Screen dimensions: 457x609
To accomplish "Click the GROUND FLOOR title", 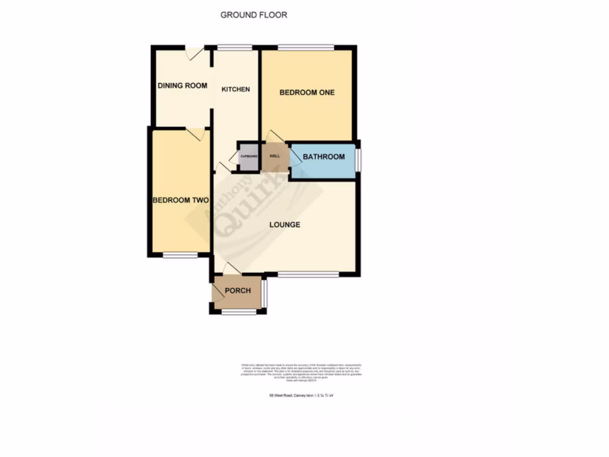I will [253, 15].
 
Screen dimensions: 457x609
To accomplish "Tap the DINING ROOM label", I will [182, 86].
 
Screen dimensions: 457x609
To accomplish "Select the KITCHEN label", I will [236, 89].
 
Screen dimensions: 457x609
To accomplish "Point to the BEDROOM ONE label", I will [307, 92].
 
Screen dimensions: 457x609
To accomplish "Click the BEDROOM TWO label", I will [180, 201].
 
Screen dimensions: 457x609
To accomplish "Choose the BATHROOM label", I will [324, 157].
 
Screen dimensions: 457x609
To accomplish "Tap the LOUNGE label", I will [284, 225].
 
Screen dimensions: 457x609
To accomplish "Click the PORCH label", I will [237, 291].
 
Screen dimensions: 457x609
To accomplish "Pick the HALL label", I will [275, 156].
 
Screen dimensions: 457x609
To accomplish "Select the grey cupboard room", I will [249, 158].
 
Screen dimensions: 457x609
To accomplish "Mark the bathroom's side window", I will [358, 159].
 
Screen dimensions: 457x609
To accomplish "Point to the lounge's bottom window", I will [308, 274].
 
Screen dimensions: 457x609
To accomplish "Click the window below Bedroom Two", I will [180, 255].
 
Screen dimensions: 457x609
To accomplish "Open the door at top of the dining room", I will [194, 53].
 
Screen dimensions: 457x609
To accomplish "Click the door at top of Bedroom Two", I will [195, 134].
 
